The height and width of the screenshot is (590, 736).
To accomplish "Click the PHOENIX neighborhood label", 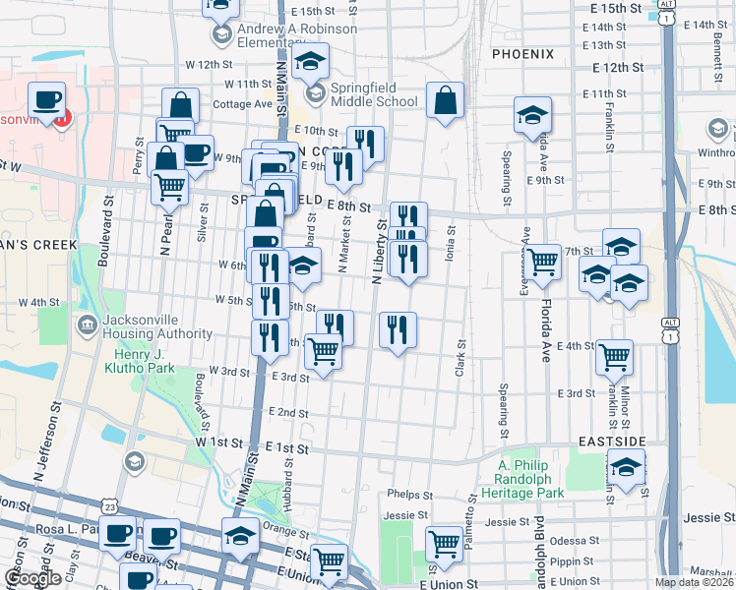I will tap(522, 53).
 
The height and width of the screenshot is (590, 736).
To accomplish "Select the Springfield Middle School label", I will tap(374, 94).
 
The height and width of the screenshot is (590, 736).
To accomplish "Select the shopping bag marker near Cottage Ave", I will tap(180, 106).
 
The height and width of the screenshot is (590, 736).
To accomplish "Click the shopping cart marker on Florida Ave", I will tap(542, 262).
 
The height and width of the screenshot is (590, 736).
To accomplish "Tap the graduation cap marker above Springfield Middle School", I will tap(311, 63).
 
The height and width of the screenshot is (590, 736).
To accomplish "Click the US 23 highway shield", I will tap(107, 505).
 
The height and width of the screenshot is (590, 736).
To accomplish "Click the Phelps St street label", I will tap(410, 494).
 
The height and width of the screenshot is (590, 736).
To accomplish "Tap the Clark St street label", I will tap(460, 359).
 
